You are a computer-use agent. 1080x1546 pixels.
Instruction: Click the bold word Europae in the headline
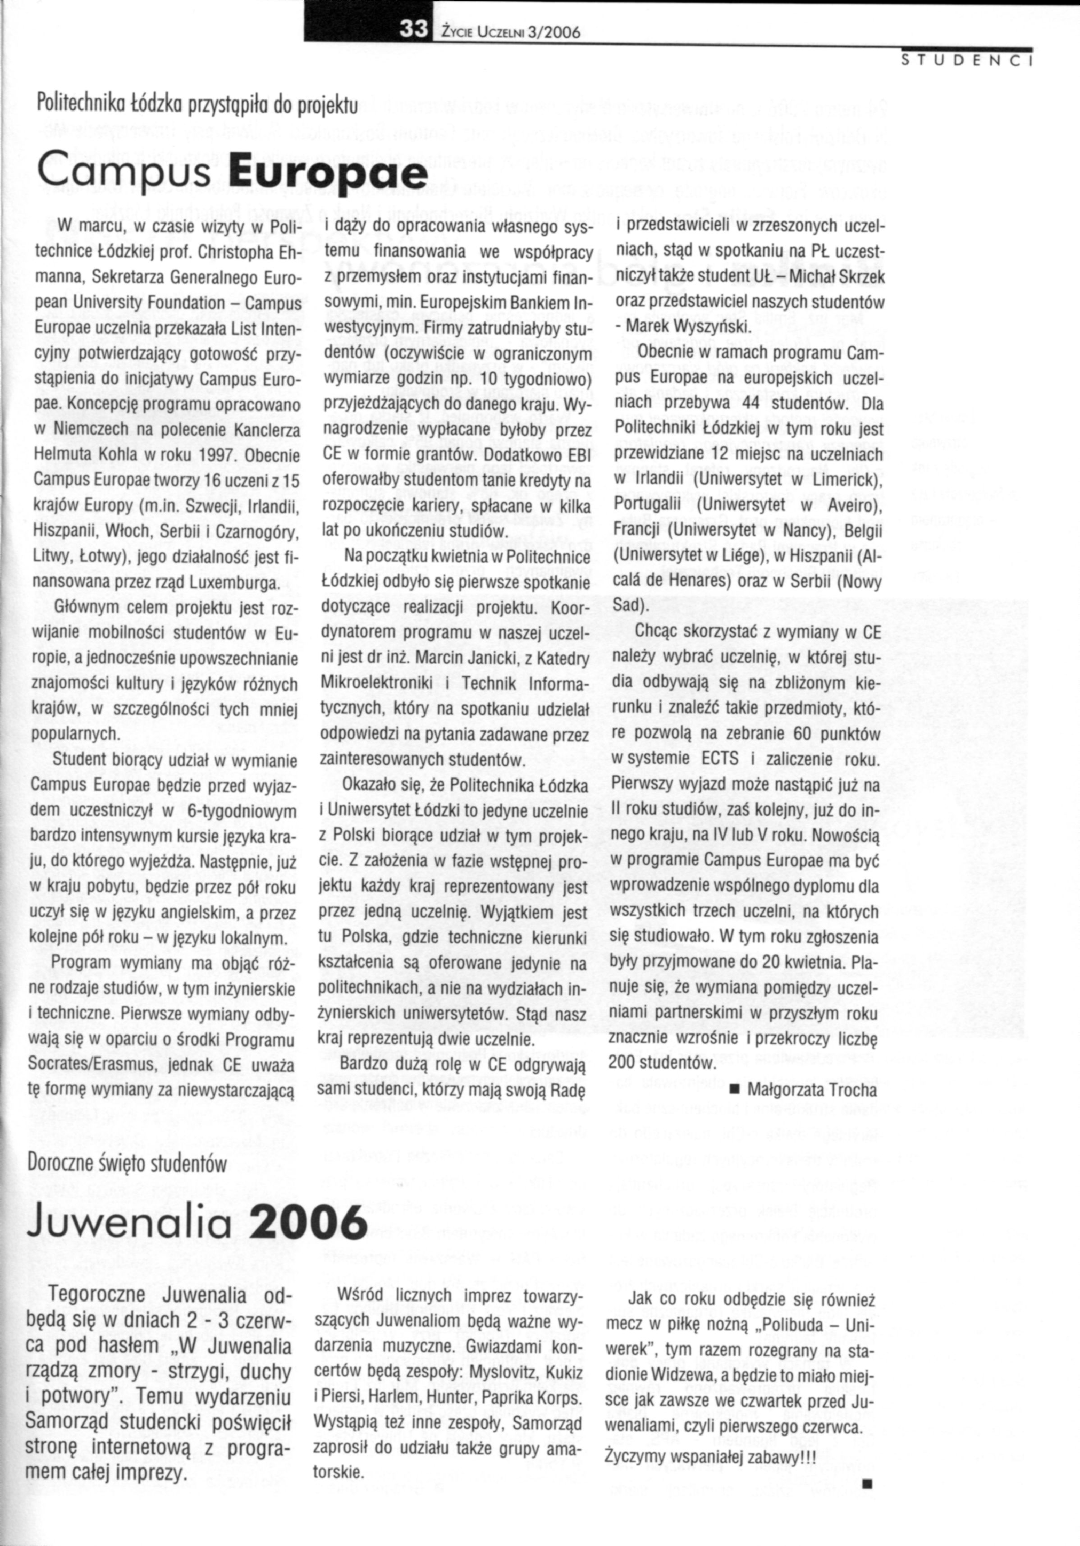click(328, 171)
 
